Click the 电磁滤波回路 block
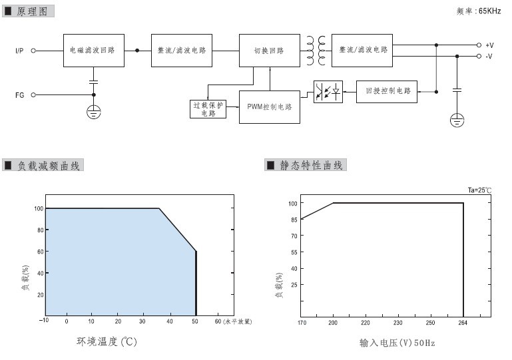pos(94,51)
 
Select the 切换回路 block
pos(270,51)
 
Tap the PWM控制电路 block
pos(270,107)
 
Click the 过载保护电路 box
pos(208,109)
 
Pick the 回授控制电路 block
pos(387,92)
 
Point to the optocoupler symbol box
pos(328,92)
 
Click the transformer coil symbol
pos(316,51)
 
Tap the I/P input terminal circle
pos(33,51)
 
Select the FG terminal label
pos(19,95)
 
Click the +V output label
pos(489,45)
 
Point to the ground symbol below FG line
pos(94,112)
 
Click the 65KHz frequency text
pos(489,11)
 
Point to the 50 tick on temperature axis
pos(195,321)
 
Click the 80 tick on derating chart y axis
pos(41,230)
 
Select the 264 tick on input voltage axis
pos(463,323)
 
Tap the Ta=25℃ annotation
pos(479,190)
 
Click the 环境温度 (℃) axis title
pos(107,341)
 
